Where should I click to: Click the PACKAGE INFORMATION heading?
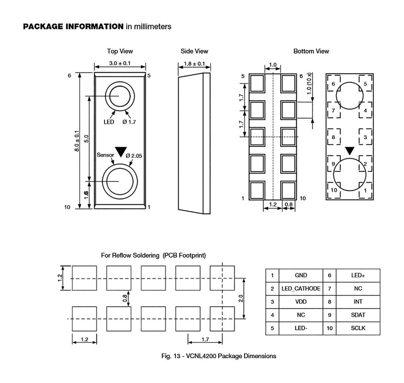click(x=73, y=26)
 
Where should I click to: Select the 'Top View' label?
click(x=120, y=51)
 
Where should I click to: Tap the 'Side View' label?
click(x=194, y=51)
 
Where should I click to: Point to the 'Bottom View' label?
click(x=311, y=51)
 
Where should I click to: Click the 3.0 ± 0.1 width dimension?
click(x=120, y=63)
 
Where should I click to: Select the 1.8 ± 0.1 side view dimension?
click(x=194, y=64)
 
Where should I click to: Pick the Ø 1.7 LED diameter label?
click(x=129, y=122)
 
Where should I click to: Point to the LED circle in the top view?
click(x=120, y=97)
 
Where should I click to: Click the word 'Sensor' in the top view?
click(x=105, y=155)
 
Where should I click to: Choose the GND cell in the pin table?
click(x=301, y=275)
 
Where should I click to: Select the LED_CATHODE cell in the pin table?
click(x=301, y=289)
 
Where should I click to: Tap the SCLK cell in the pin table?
click(x=358, y=328)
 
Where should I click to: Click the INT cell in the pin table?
click(x=358, y=302)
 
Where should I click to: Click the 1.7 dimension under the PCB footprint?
click(x=205, y=339)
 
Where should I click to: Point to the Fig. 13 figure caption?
click(x=219, y=356)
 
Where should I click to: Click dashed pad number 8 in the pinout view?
click(x=333, y=137)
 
